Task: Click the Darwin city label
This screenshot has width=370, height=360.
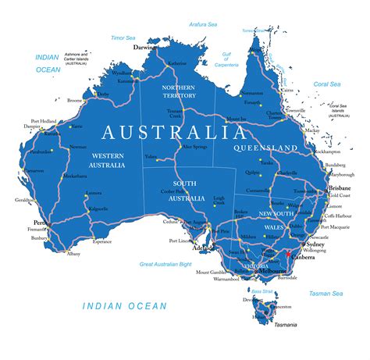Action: pyautogui.click(x=144, y=47)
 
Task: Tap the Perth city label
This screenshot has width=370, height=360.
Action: pyautogui.click(x=41, y=223)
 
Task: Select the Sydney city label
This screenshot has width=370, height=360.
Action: pyautogui.click(x=325, y=243)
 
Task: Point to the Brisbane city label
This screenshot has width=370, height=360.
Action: pyautogui.click(x=339, y=188)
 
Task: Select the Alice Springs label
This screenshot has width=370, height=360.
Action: pyautogui.click(x=194, y=146)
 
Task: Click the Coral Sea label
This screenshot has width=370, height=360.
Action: pyautogui.click(x=327, y=84)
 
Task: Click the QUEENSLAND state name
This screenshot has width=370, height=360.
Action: pyautogui.click(x=266, y=148)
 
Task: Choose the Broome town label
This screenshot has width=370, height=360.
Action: pyautogui.click(x=76, y=101)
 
